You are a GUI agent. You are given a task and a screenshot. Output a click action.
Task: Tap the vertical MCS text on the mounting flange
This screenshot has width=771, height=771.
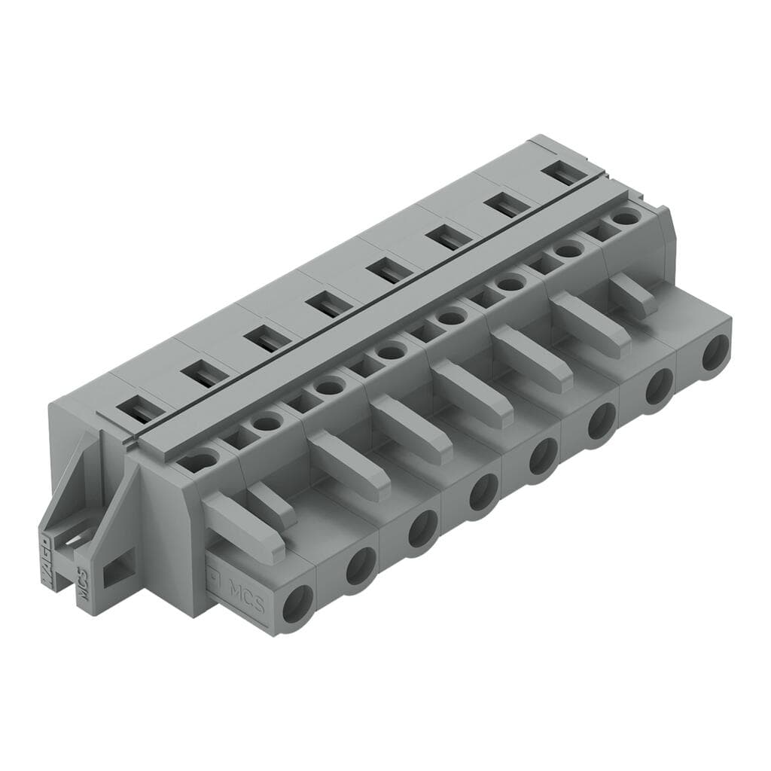pyautogui.click(x=83, y=584)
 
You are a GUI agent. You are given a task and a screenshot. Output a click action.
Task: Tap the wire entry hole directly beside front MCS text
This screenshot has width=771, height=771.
pyautogui.click(x=297, y=602)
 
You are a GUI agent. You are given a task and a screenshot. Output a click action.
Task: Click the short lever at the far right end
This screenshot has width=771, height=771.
pyautogui.click(x=633, y=295)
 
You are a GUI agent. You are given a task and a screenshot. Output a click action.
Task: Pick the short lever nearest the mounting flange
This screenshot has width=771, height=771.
pyautogui.click(x=271, y=504)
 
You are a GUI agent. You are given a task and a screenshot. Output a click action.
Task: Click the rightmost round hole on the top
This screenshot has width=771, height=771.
pyautogui.click(x=624, y=218)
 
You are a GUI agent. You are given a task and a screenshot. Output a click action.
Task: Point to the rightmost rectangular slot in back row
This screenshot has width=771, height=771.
pyautogui.click(x=565, y=172)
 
